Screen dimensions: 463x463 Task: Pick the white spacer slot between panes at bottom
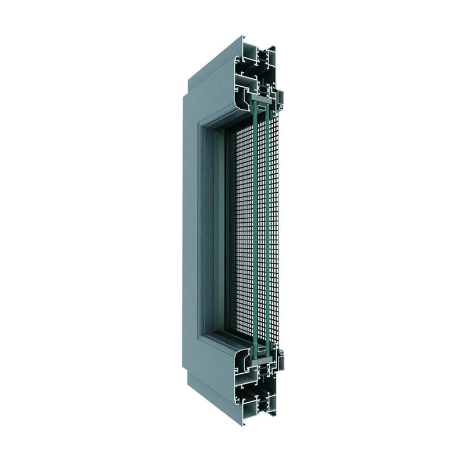261,351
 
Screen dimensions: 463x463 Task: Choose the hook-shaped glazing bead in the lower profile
248,365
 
